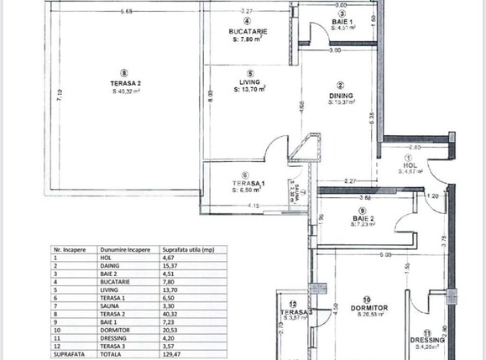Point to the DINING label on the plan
pyautogui.click(x=341, y=95)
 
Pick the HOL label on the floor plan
pyautogui.click(x=410, y=165)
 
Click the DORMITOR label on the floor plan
pyautogui.click(x=367, y=308)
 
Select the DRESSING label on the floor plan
pyautogui.click(x=427, y=340)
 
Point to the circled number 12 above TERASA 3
pyautogui.click(x=292, y=304)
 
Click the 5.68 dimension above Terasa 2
pyautogui.click(x=127, y=11)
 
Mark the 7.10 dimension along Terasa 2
pyautogui.click(x=60, y=97)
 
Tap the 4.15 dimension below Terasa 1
pyautogui.click(x=253, y=206)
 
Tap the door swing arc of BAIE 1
pyautogui.click(x=316, y=33)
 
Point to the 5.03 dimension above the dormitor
pyautogui.click(x=385, y=253)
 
